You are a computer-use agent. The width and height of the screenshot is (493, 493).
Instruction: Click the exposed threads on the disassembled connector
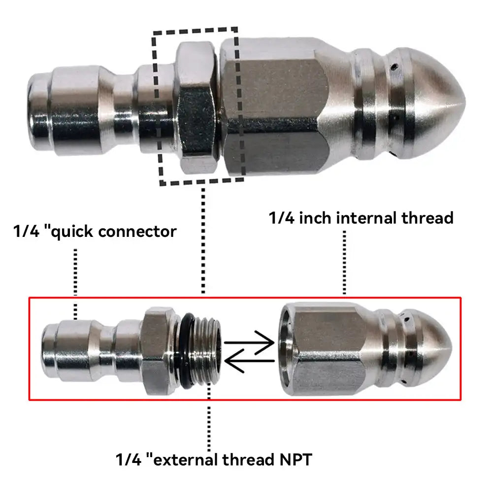click(x=206, y=350)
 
